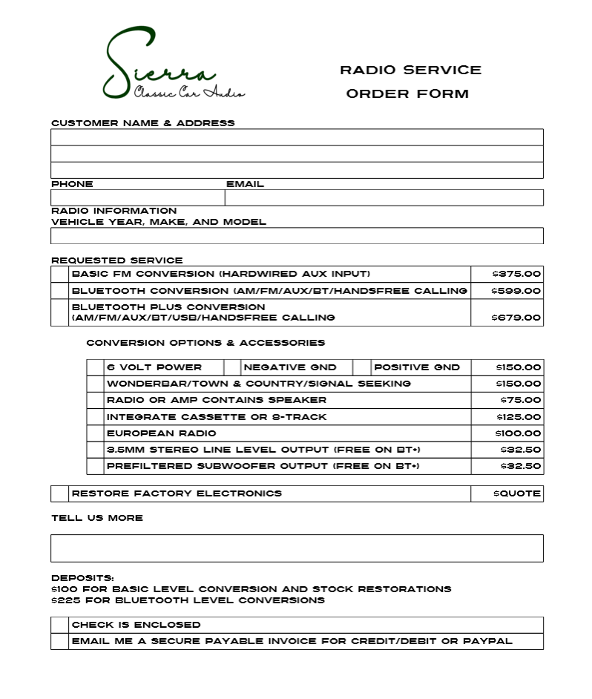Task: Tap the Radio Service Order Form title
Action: pyautogui.click(x=410, y=82)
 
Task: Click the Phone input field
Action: pyautogui.click(x=137, y=197)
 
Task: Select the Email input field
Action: pyautogui.click(x=384, y=197)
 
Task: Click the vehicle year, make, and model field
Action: pyautogui.click(x=297, y=236)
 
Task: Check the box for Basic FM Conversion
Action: pyautogui.click(x=60, y=274)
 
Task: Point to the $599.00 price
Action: pyautogui.click(x=516, y=291)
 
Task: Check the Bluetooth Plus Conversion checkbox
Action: pyautogui.click(x=60, y=312)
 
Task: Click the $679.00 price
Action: pyautogui.click(x=516, y=318)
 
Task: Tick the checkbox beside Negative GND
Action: pyautogui.click(x=232, y=367)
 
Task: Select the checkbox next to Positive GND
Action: pyautogui.click(x=362, y=367)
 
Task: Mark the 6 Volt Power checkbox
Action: pyautogui.click(x=95, y=367)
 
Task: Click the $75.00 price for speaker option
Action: pyautogui.click(x=519, y=401)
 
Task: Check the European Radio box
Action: pyautogui.click(x=95, y=433)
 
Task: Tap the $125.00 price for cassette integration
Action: pyautogui.click(x=519, y=417)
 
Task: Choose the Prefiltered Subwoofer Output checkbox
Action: pyautogui.click(x=95, y=467)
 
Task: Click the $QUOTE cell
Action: pyautogui.click(x=516, y=493)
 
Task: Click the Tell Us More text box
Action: pyautogui.click(x=297, y=548)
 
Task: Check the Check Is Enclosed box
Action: pyautogui.click(x=60, y=625)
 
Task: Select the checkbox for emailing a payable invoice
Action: pyautogui.click(x=60, y=641)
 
